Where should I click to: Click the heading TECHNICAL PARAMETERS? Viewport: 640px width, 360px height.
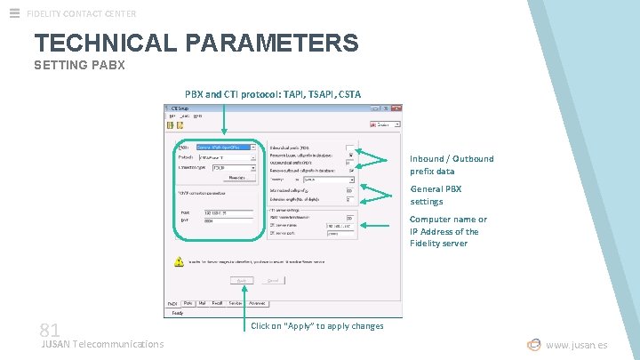click(x=196, y=42)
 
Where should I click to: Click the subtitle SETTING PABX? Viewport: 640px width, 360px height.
click(x=79, y=66)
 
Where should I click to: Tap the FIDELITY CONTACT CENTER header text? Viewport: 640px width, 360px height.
click(x=82, y=13)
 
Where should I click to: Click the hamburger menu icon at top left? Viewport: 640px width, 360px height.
click(x=14, y=13)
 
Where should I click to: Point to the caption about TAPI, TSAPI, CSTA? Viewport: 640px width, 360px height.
click(x=272, y=93)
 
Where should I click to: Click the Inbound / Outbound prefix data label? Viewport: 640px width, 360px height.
click(x=452, y=164)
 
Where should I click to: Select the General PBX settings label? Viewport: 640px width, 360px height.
click(x=436, y=195)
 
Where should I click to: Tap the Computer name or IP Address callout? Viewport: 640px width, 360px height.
click(x=448, y=231)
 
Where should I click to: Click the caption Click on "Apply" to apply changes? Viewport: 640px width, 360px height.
click(x=317, y=326)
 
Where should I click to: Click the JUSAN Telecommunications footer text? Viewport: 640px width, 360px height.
click(x=103, y=344)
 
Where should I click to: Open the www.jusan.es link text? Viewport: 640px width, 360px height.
click(x=577, y=345)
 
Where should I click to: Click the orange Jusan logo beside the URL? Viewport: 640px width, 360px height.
click(x=533, y=345)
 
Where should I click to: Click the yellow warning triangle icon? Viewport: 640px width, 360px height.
click(x=179, y=261)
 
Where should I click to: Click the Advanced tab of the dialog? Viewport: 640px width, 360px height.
click(x=257, y=303)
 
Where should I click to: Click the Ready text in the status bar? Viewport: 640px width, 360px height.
click(x=177, y=313)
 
